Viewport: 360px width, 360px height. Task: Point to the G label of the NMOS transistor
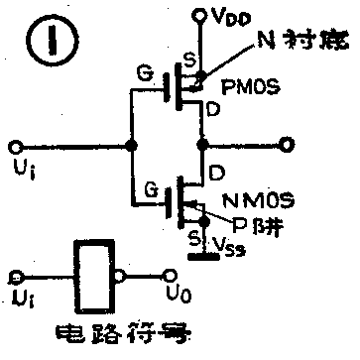[150, 185]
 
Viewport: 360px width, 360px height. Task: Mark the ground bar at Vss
[202, 257]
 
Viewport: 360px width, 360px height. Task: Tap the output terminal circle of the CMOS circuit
[287, 146]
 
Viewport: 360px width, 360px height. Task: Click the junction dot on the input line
[132, 146]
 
